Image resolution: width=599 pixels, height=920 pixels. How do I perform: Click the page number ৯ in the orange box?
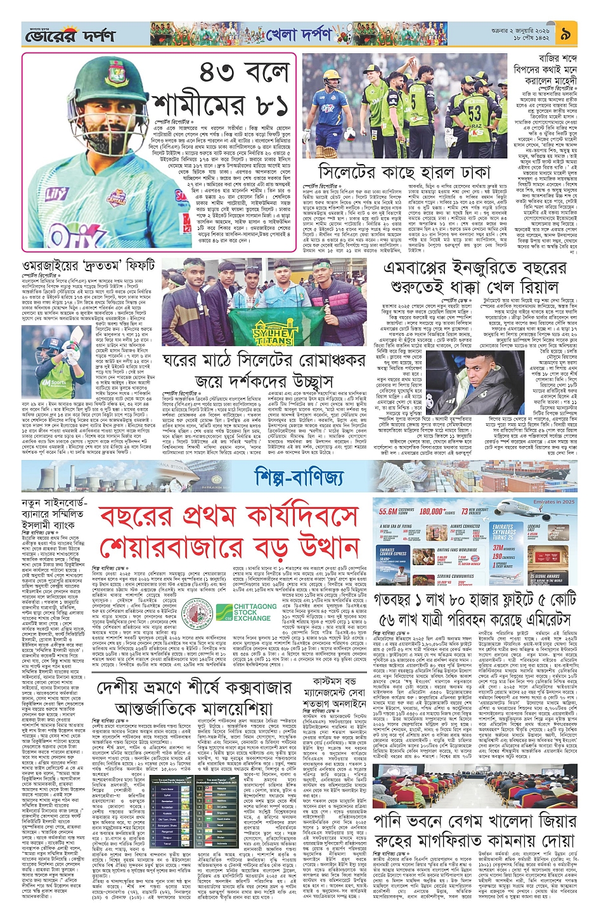tap(566, 34)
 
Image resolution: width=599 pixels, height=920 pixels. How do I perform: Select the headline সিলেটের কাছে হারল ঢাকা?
tap(404, 172)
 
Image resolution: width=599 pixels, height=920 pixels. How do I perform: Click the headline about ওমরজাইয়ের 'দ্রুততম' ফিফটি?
tap(89, 264)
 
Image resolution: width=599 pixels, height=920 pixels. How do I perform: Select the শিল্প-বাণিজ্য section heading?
tap(299, 475)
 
